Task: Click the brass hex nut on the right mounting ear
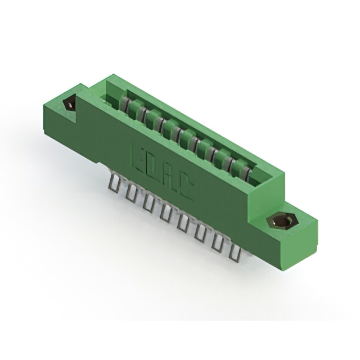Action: coord(282,221)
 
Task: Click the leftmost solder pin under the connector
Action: coord(115,184)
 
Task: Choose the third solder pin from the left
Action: coord(149,202)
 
